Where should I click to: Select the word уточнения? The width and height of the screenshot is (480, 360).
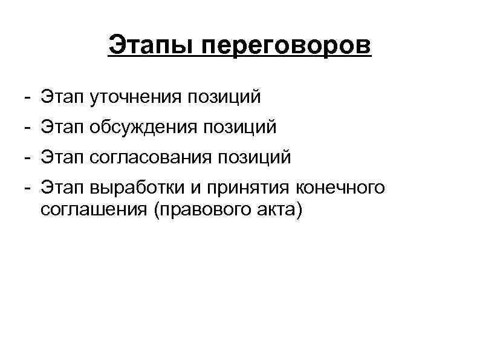click(x=135, y=96)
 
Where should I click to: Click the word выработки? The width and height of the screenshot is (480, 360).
click(x=137, y=188)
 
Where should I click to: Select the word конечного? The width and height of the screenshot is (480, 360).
click(x=340, y=188)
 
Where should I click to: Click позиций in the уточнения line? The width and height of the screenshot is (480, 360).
click(x=224, y=96)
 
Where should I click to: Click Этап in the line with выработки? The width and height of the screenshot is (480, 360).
click(x=62, y=188)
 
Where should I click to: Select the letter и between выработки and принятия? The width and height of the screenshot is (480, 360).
click(x=195, y=188)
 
